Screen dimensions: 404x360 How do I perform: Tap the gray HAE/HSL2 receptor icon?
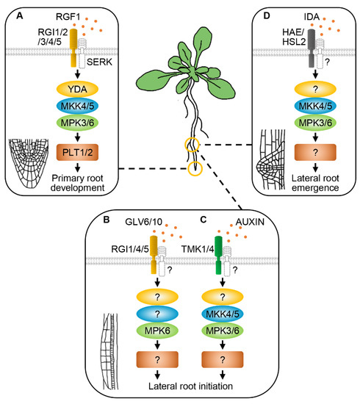tap(289, 49)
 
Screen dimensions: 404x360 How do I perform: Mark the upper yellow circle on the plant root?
tap(192, 145)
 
